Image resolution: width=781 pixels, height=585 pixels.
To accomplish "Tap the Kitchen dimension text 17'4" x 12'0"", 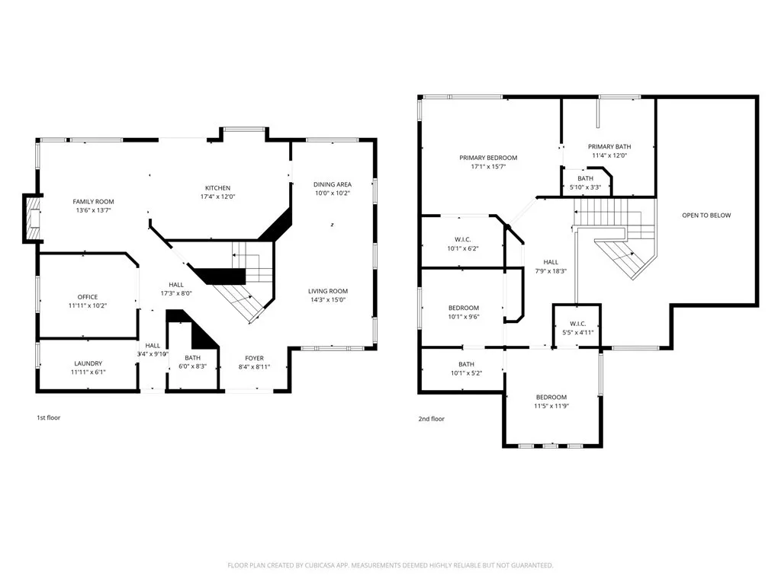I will [x=217, y=197].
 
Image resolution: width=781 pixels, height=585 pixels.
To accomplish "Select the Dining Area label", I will [x=332, y=184].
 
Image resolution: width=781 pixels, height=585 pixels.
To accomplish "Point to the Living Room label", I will [x=328, y=291].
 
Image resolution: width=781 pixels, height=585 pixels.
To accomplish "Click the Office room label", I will [x=88, y=297].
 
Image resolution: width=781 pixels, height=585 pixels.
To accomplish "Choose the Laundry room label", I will [x=88, y=363].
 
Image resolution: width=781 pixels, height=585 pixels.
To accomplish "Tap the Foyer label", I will [x=254, y=358].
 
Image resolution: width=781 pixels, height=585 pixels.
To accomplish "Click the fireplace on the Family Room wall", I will [x=31, y=218].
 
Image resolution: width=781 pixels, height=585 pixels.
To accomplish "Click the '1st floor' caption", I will [x=49, y=418].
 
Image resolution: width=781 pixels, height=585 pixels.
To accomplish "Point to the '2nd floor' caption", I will [x=432, y=418].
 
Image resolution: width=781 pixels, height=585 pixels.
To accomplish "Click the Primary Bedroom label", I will [x=488, y=158].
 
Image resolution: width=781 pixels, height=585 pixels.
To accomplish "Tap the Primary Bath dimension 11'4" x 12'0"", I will [x=609, y=155].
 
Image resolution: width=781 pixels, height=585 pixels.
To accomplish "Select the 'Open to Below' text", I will [x=705, y=215].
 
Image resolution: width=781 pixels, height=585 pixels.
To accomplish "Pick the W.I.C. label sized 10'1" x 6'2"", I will [x=463, y=238].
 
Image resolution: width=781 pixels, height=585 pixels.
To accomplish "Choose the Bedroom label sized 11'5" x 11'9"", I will [x=551, y=397].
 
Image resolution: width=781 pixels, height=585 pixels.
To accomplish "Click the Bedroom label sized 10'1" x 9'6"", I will [x=463, y=308].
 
